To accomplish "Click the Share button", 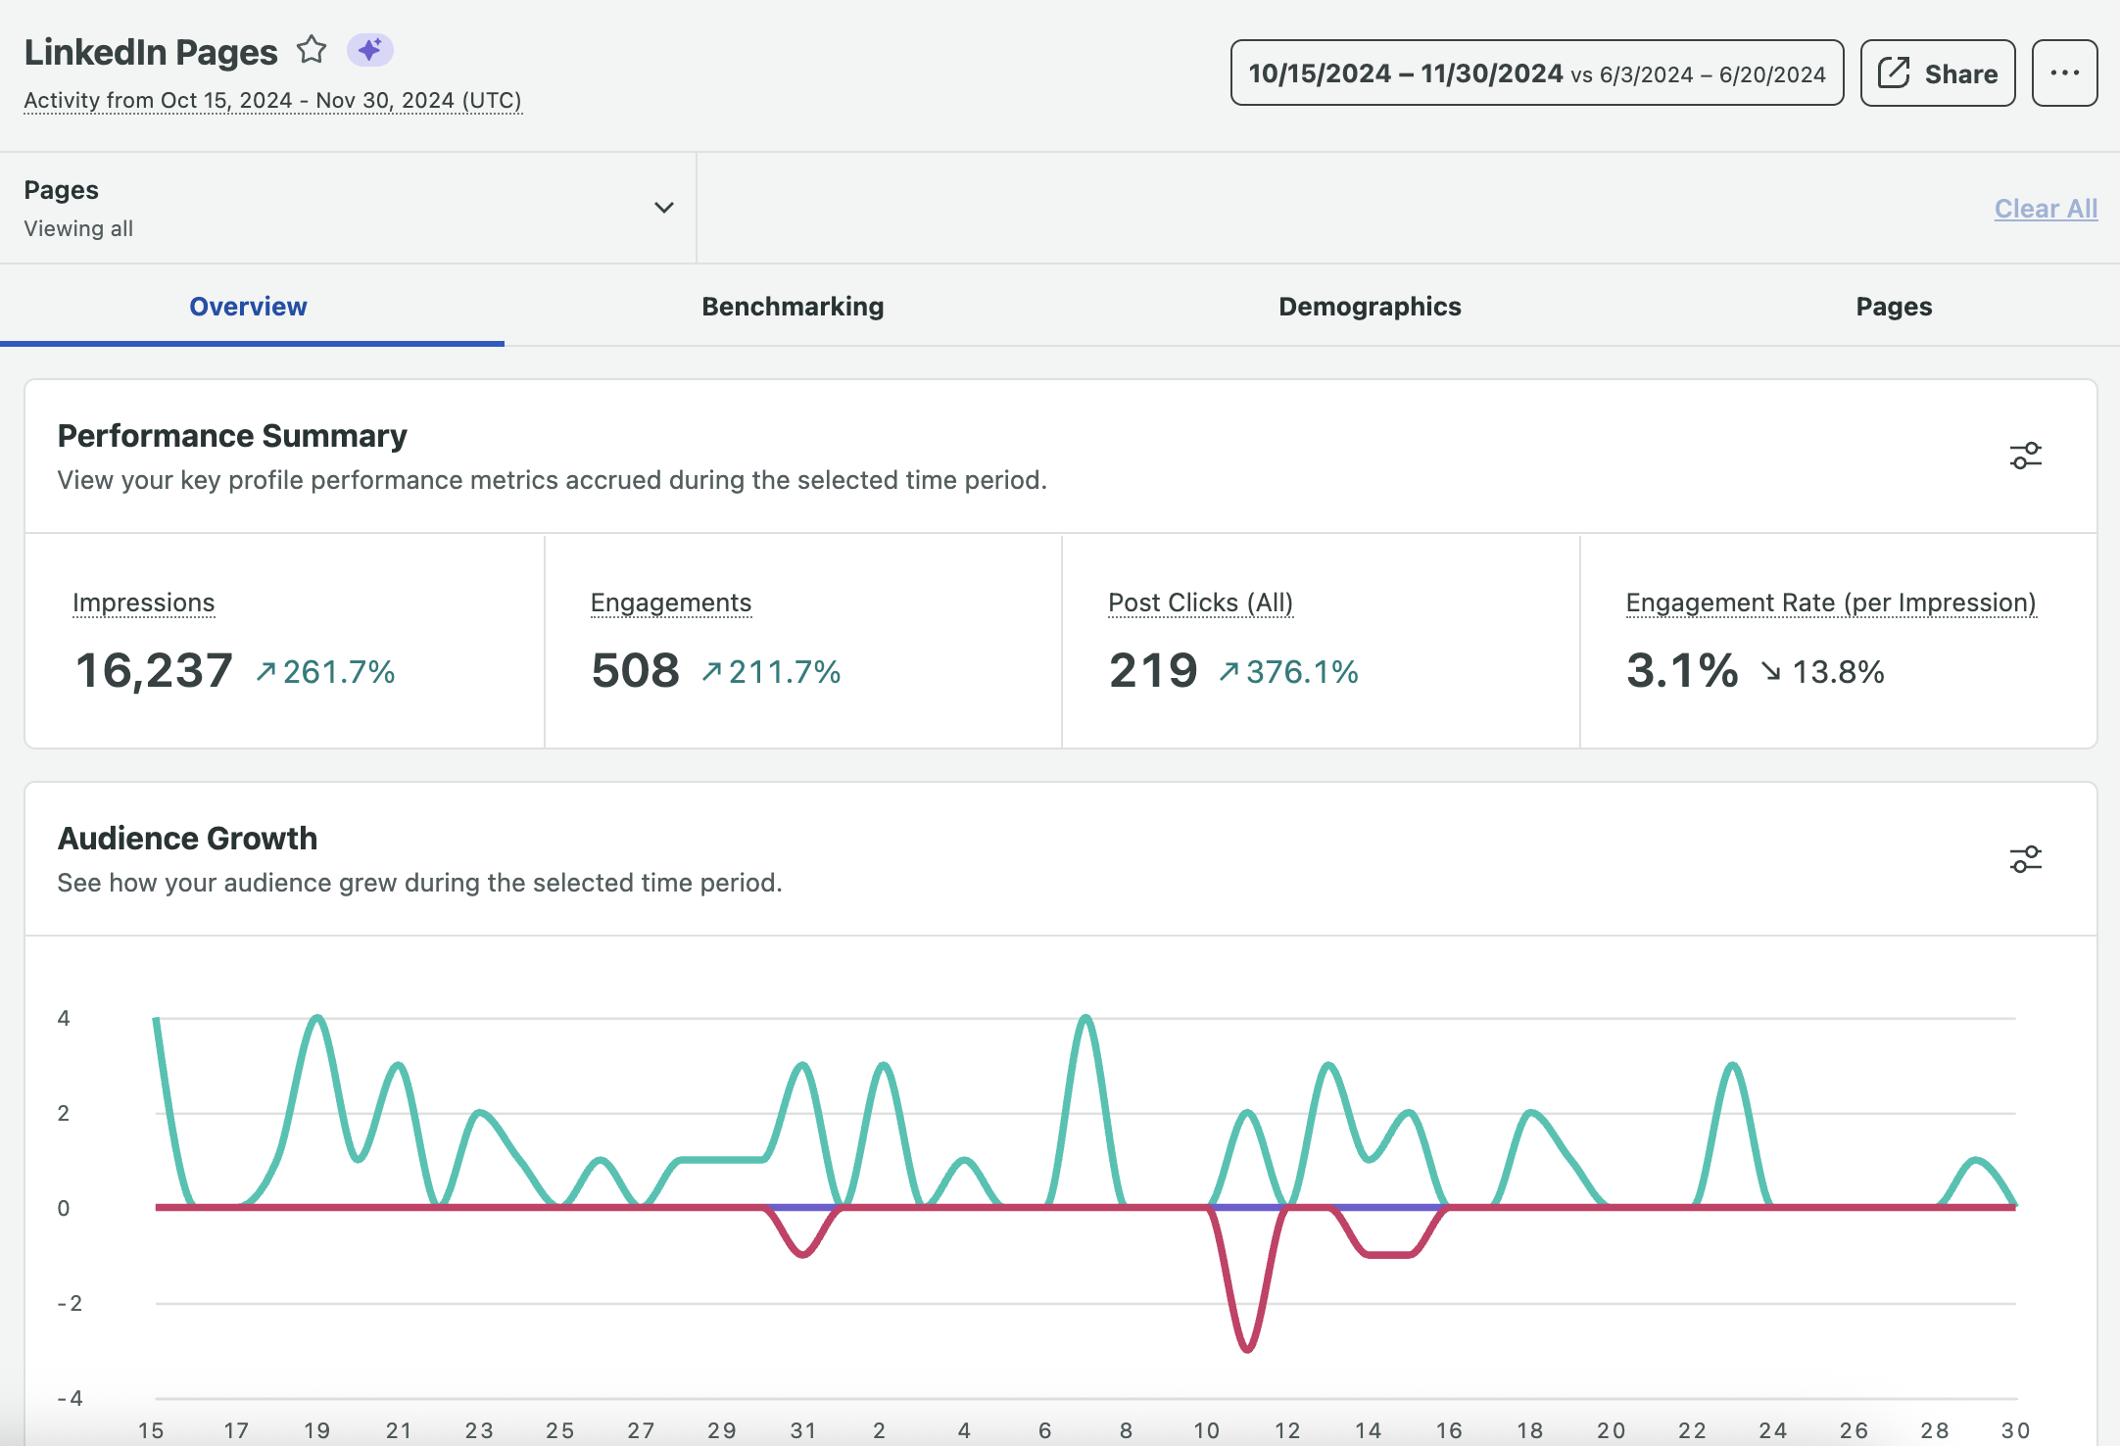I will point(1937,73).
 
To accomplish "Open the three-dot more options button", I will point(2064,73).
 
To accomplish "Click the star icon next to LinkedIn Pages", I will point(312,49).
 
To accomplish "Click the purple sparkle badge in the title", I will point(369,49).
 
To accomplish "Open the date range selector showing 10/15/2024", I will point(1536,73).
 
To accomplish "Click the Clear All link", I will point(2046,209).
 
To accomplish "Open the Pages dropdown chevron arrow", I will point(663,208).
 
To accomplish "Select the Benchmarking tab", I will point(793,307).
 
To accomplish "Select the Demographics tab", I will point(1370,307).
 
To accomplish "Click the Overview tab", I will point(248,307).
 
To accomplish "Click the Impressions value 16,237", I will point(154,671).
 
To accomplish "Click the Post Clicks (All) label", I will point(1200,602).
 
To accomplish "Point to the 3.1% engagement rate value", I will point(1681,671).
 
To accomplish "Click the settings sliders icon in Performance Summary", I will point(2025,456).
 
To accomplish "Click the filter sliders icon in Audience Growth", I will point(2025,859).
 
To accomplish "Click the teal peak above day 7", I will point(1085,1019).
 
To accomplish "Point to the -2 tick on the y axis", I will point(70,1303).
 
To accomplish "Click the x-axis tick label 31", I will point(802,1430).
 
